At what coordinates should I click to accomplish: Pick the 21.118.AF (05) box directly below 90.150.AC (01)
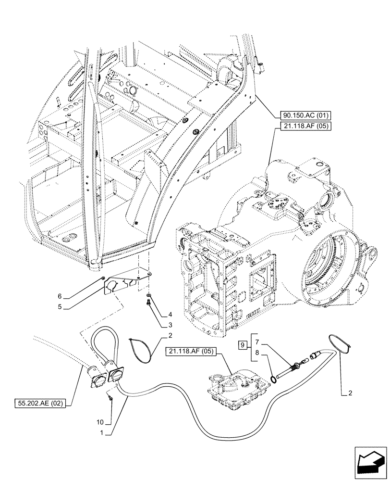tap(301, 126)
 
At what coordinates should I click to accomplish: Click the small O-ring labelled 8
tap(273, 379)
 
